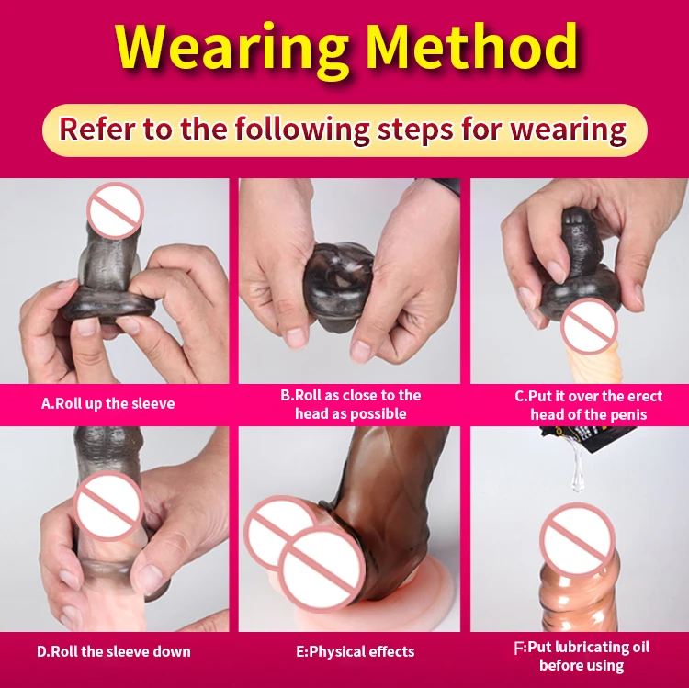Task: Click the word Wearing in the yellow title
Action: (232, 50)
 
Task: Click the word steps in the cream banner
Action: (415, 131)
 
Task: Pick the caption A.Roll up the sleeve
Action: (108, 403)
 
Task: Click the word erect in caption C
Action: (645, 396)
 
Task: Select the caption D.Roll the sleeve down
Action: (114, 651)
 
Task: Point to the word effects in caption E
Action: (387, 651)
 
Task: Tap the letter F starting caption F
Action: (519, 648)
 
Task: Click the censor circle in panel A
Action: (115, 211)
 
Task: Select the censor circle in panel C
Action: (589, 326)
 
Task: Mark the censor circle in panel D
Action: (107, 505)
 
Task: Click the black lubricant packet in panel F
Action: (568, 435)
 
